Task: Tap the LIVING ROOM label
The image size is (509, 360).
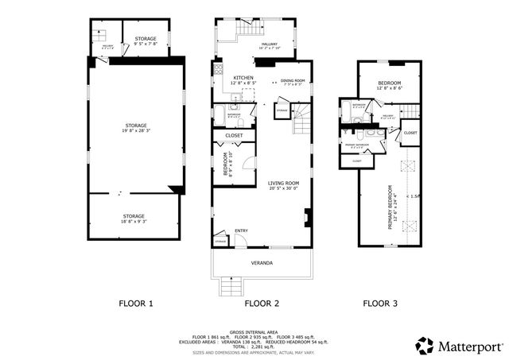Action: point(283,184)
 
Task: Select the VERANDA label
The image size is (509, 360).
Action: point(262,262)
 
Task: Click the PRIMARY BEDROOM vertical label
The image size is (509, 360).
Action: point(390,207)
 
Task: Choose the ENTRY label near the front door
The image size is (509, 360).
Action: point(241,231)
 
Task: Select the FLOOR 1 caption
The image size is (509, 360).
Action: point(136,303)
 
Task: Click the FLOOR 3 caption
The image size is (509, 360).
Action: point(380,303)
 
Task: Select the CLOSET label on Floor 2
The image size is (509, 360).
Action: point(234,136)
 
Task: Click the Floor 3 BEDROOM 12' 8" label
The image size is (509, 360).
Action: point(390,85)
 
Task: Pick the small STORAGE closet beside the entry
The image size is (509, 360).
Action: point(220,239)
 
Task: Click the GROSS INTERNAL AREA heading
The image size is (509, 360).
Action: point(254,332)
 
